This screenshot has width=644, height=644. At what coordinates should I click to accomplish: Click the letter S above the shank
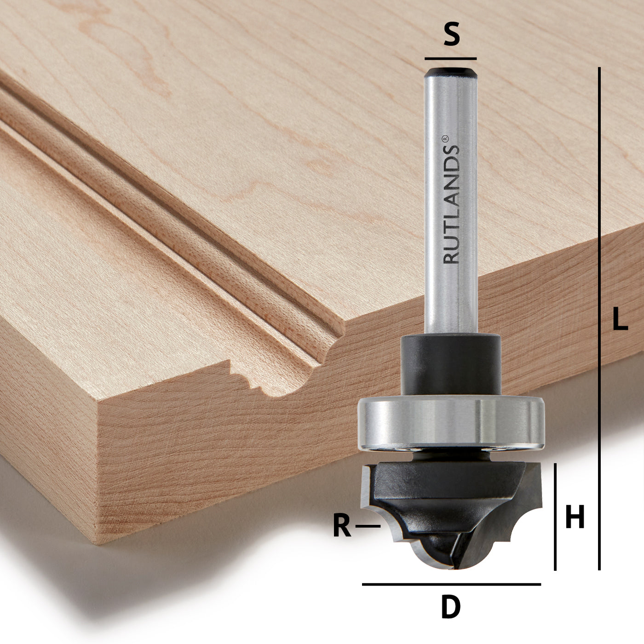point(451,35)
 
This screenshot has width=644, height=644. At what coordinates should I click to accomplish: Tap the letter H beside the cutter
point(575,517)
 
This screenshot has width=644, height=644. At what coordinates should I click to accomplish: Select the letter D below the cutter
point(450,607)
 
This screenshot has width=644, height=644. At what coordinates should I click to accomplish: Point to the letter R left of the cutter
point(342,526)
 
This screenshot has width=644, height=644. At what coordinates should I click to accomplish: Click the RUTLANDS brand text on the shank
point(451,207)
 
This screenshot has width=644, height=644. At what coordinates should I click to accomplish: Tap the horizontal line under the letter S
point(450,59)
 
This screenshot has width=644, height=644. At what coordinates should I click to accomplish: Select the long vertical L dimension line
point(599,317)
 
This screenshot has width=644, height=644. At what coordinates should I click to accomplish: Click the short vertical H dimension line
point(556,516)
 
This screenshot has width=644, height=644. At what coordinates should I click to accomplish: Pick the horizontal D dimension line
point(451,584)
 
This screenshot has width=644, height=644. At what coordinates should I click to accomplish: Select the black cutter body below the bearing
point(442,497)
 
